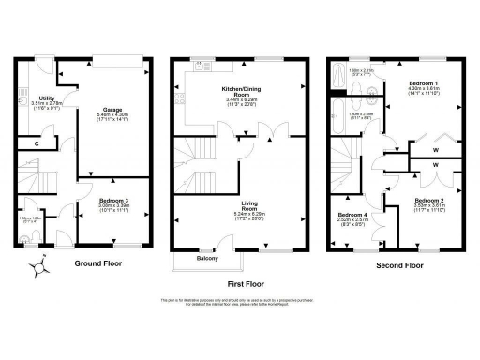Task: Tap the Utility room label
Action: [40, 95]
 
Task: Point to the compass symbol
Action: [38, 267]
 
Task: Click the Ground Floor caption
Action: [101, 264]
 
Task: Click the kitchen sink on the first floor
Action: [200, 66]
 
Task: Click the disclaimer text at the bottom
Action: [241, 302]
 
